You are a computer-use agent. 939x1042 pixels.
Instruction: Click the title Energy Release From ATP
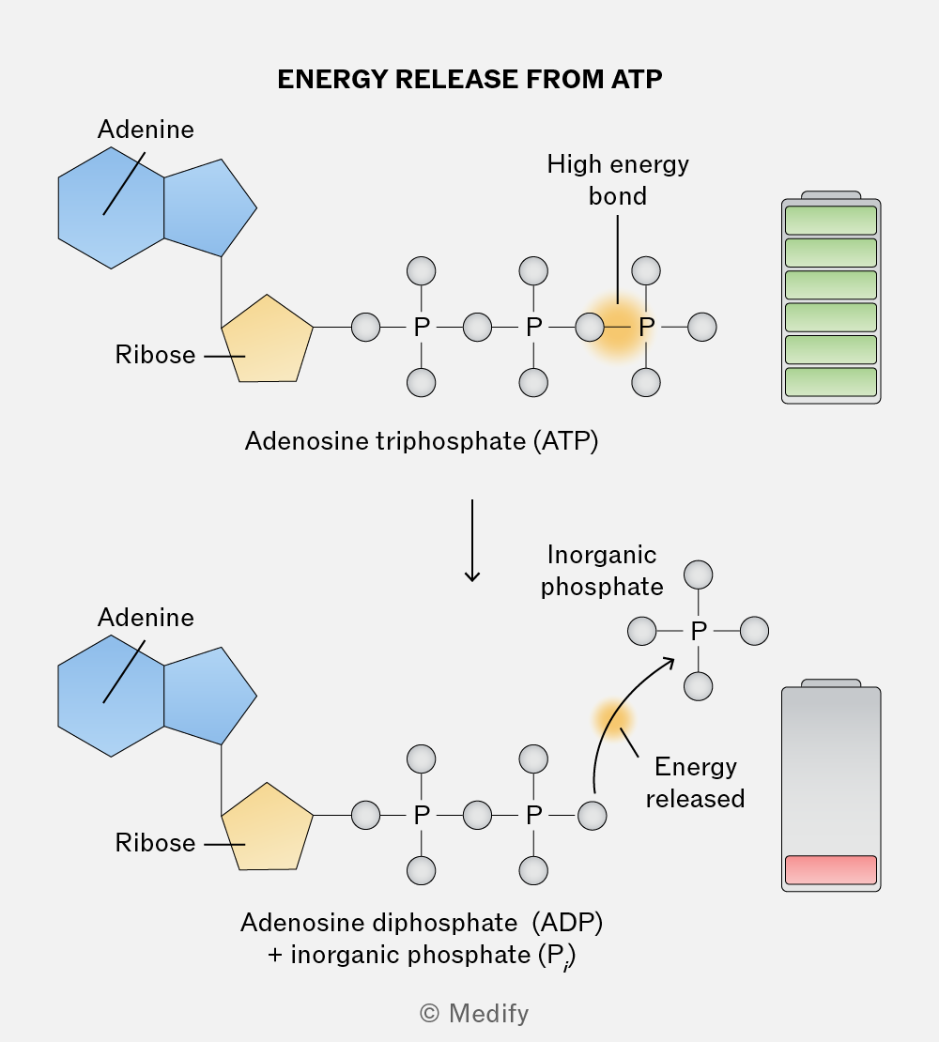[469, 79]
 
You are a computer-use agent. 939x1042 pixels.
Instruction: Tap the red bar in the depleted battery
[831, 870]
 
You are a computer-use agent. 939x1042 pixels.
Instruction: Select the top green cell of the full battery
[831, 220]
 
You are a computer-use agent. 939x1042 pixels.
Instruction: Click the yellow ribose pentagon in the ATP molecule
[268, 340]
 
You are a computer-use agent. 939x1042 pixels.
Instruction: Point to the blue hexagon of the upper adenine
[111, 208]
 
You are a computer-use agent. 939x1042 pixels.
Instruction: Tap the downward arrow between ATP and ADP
[472, 541]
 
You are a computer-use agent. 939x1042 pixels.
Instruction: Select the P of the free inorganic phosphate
[699, 632]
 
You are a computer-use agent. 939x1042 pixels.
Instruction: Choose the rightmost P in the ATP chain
[647, 327]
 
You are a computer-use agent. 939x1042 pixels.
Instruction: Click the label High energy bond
[618, 180]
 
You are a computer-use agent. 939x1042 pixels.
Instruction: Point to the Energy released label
[695, 783]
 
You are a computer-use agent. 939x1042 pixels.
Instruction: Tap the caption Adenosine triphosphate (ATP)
[422, 441]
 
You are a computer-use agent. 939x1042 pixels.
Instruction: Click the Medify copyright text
[474, 1014]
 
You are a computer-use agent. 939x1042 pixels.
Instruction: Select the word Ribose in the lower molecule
[156, 843]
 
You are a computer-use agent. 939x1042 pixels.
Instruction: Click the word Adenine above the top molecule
[146, 129]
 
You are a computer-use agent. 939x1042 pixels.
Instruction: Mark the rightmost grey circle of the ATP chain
[702, 327]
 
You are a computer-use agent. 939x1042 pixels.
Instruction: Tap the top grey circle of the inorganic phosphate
[699, 575]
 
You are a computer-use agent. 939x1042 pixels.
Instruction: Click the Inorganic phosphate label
[602, 571]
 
